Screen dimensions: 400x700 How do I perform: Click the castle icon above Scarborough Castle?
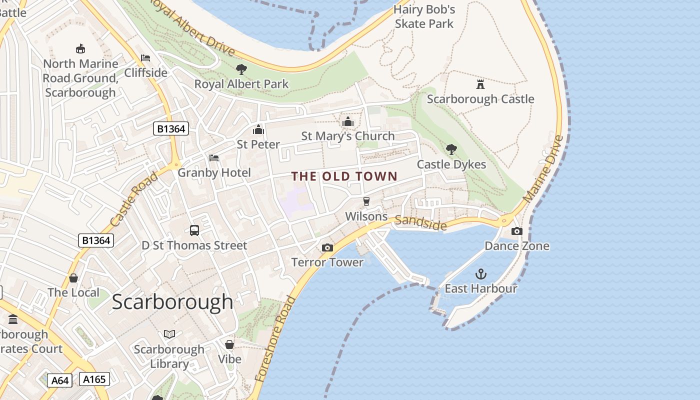tap(480, 84)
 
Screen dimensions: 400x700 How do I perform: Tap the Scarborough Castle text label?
tap(480, 99)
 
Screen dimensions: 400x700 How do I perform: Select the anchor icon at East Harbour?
tap(480, 274)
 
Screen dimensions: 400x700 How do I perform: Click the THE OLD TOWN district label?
tap(344, 176)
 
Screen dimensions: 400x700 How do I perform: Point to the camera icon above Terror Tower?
tap(327, 247)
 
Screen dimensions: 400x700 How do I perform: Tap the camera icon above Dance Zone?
tap(516, 231)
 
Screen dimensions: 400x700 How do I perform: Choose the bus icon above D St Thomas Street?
tap(194, 230)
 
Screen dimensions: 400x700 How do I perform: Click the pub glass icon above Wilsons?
tap(366, 201)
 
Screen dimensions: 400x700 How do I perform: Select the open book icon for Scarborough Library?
tap(169, 334)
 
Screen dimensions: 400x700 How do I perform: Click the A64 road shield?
tap(60, 380)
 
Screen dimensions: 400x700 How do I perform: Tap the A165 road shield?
tap(94, 379)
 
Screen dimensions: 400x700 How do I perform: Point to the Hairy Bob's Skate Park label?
tap(424, 16)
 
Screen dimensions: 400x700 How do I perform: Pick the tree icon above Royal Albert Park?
tap(241, 69)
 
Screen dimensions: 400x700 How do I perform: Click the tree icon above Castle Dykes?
tap(451, 149)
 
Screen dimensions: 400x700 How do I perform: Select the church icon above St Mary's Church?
tap(348, 121)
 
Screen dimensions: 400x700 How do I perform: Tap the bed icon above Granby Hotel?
tap(214, 158)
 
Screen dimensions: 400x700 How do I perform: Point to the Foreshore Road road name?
tap(275, 338)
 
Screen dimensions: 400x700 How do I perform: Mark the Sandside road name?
tap(420, 222)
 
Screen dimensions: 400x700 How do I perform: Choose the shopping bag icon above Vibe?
tap(229, 344)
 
